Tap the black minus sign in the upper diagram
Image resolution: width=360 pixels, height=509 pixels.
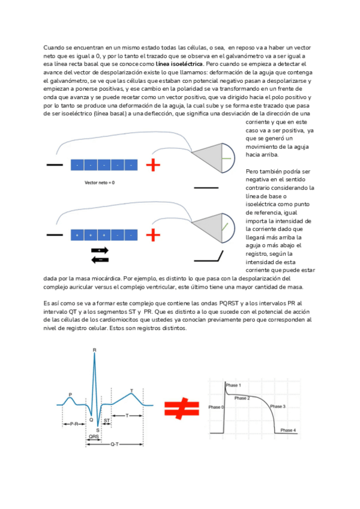54,164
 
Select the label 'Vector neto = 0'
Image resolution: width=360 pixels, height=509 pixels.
99,181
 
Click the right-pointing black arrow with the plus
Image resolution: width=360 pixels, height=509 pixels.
100,250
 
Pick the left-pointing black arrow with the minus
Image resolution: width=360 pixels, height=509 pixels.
100,259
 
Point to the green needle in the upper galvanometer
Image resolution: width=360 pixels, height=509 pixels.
225,158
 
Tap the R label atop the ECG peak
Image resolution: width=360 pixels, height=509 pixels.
94,350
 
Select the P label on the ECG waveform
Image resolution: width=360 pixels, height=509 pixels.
70,394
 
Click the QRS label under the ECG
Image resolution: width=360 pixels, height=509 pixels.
94,436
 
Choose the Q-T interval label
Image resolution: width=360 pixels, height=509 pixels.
114,444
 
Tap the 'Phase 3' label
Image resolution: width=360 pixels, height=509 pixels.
277,406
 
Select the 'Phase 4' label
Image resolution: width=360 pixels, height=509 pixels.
288,430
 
